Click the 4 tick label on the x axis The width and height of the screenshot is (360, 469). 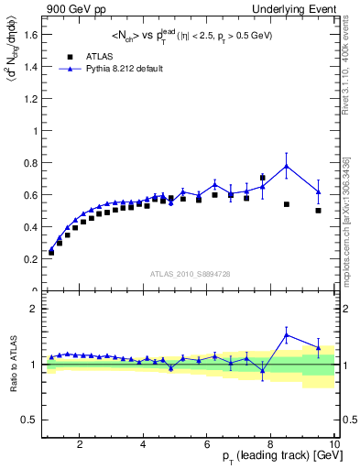(144, 444)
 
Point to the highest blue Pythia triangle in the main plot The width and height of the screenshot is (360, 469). (287, 166)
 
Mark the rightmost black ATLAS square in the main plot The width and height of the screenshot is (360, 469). (318, 211)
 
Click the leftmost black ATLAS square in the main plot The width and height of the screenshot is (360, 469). (51, 252)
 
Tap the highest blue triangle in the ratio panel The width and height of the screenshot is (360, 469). (287, 335)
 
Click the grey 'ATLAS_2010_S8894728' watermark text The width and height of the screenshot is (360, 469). (191, 273)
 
